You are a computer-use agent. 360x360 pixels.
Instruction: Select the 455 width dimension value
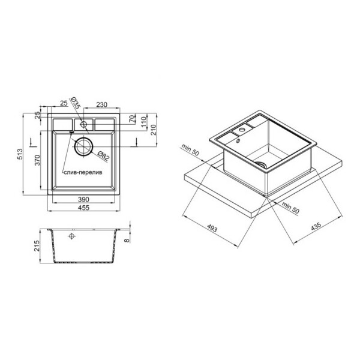[x=83, y=208]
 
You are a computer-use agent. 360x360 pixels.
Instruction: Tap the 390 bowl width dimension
[x=83, y=200]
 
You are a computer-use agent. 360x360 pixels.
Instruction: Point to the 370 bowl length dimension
[x=37, y=160]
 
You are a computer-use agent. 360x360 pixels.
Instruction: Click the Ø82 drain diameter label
[x=104, y=155]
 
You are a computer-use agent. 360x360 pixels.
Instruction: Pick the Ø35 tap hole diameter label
[x=75, y=103]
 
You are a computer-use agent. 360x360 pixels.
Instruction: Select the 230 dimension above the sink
[x=101, y=104]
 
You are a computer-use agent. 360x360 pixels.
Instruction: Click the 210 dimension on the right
[x=153, y=130]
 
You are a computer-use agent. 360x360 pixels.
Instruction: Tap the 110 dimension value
[x=143, y=122]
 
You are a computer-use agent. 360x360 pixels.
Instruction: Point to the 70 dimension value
[x=133, y=119]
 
